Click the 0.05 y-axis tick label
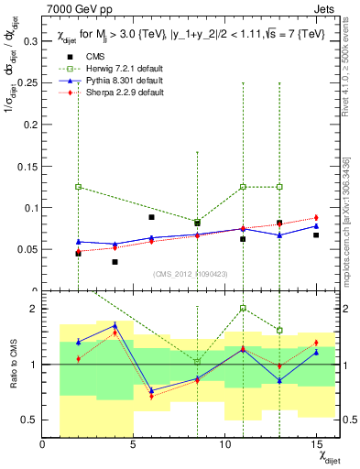click(x=27, y=249)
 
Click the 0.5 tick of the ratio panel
click(x=30, y=420)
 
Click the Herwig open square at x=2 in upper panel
click(x=79, y=187)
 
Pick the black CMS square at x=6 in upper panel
click(x=152, y=217)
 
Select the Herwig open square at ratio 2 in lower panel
click(x=243, y=308)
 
